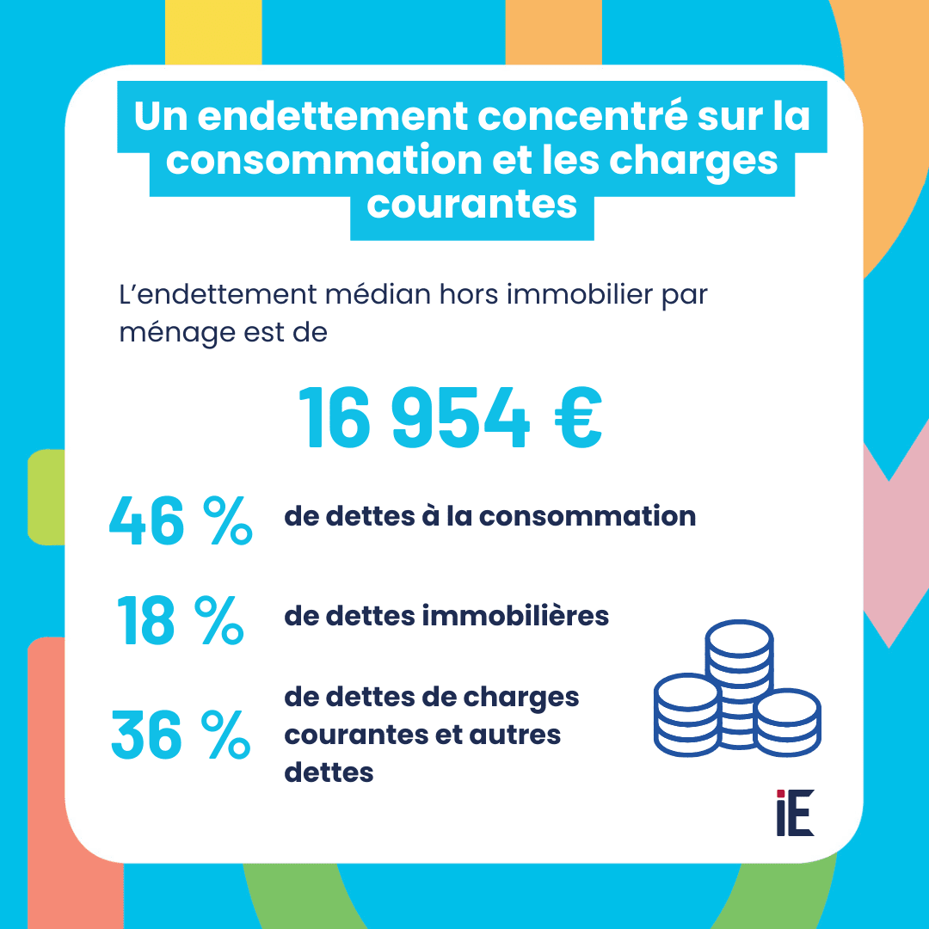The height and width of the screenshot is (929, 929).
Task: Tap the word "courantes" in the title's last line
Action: click(472, 205)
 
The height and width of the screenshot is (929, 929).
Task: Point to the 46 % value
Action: click(181, 521)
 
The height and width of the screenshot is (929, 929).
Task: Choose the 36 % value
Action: click(181, 737)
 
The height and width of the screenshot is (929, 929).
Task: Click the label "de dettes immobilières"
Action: click(446, 616)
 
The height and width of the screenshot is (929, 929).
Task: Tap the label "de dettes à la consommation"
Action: click(489, 516)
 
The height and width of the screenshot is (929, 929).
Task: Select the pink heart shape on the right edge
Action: click(899, 551)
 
